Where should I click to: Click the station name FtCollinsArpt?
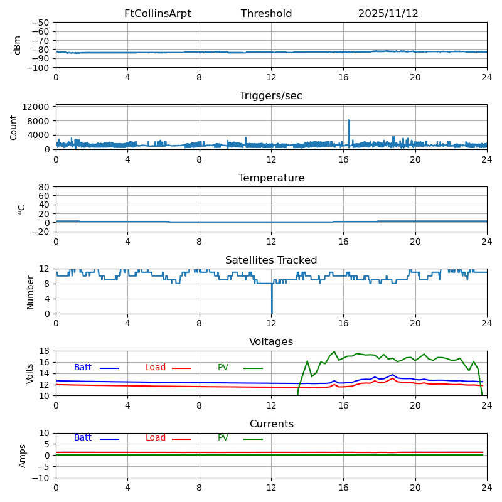(x=158, y=14)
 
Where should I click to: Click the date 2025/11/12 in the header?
(x=388, y=14)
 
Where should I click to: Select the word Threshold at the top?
(x=266, y=14)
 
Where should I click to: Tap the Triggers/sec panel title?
(x=271, y=96)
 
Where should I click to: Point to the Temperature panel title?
(x=271, y=178)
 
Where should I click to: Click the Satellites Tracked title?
(x=271, y=260)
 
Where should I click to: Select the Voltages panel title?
(x=271, y=342)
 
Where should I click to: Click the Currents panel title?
(x=271, y=424)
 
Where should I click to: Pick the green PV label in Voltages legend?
(x=223, y=368)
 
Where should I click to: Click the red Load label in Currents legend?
(x=156, y=438)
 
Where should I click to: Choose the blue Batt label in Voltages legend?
(x=83, y=368)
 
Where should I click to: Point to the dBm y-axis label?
(x=18, y=45)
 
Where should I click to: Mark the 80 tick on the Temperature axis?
(x=44, y=187)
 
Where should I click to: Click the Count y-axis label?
(x=14, y=127)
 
